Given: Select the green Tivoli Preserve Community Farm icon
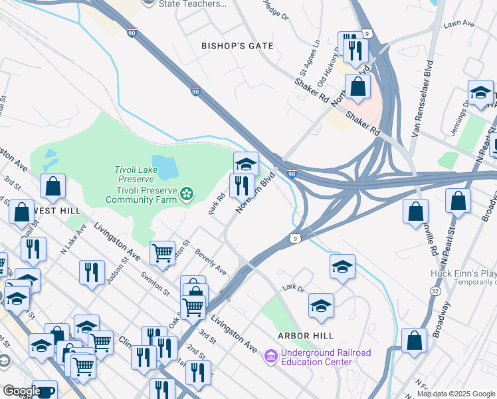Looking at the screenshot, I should coord(187,194).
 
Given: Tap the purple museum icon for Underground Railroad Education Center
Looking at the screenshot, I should coord(270,357).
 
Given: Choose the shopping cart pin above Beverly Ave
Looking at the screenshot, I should coord(162,253).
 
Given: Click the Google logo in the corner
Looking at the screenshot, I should coord(21,391).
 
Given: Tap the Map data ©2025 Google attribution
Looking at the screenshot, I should coord(456,394).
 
